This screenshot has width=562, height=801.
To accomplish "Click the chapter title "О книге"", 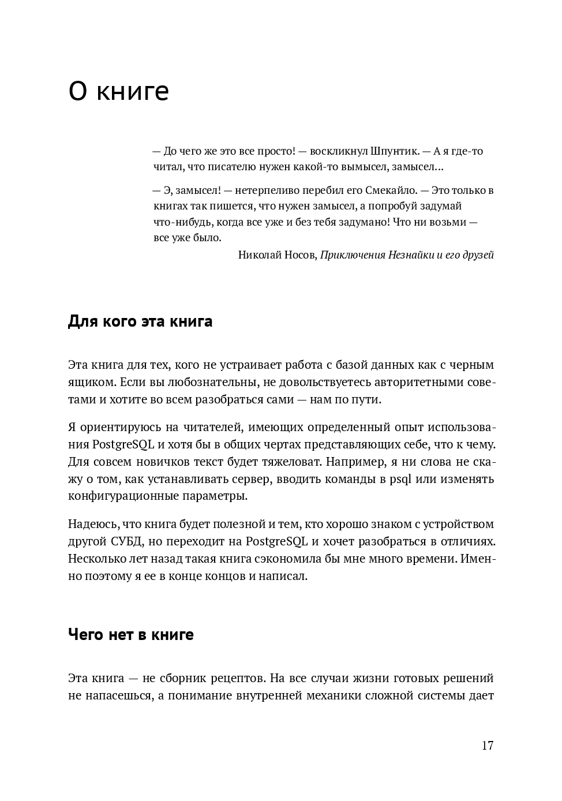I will [x=118, y=91].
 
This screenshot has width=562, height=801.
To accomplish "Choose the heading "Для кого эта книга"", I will [x=140, y=321].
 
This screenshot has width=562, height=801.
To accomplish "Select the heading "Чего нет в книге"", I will [x=130, y=635].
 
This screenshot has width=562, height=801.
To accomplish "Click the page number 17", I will [x=488, y=745].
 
